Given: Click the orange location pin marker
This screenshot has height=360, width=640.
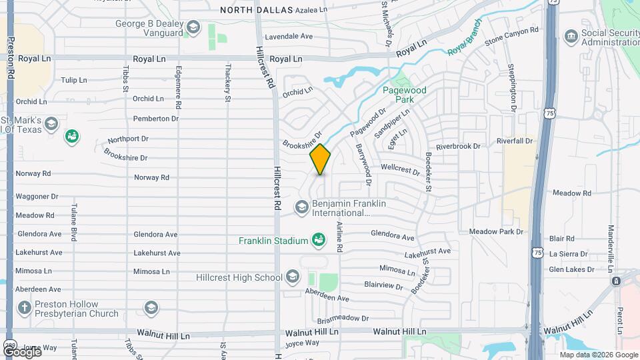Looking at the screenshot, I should tap(320, 159).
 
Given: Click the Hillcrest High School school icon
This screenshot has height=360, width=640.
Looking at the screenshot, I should tap(292, 277).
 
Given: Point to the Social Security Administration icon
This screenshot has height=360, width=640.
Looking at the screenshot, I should tap(571, 35).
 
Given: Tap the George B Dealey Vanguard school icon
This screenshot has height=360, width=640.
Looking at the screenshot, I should tap(193, 27).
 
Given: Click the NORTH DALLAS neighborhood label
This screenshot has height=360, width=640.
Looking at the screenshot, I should tap(247, 10).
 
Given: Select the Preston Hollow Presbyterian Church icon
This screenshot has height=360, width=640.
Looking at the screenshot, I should tap(25, 308).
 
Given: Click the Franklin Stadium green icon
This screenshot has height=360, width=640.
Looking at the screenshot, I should tap(319, 240).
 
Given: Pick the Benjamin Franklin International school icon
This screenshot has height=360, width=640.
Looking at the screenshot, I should tap(301, 207).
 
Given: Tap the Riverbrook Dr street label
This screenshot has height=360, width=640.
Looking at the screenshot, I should tap(458, 147).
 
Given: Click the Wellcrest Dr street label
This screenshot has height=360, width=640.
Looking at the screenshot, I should tap(400, 170).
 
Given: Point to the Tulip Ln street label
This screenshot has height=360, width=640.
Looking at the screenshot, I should tap(74, 80).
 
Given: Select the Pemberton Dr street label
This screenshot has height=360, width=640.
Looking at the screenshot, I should tap(156, 119).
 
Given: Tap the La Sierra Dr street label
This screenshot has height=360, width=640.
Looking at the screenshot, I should tap(568, 254).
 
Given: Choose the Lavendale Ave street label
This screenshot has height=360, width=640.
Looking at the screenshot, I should tap(289, 37).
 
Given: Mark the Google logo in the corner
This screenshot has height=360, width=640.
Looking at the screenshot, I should tap(22, 351).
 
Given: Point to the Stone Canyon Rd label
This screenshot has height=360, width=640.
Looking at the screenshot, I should tap(511, 36).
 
